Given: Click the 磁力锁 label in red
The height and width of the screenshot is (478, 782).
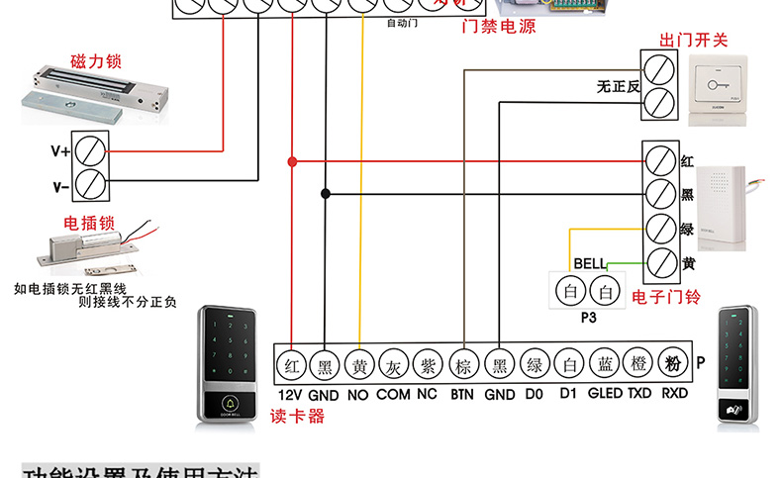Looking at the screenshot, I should [x=95, y=61].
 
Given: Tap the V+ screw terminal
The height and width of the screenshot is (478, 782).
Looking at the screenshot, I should [x=91, y=151].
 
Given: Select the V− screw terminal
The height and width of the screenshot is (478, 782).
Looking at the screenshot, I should [x=91, y=184].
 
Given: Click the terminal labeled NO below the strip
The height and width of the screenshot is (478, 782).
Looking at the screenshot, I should [x=357, y=394].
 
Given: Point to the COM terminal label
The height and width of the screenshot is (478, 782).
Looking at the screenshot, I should [x=393, y=394].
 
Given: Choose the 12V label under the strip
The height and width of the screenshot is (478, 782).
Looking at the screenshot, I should [x=290, y=394].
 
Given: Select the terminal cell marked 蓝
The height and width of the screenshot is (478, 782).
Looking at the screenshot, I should [x=604, y=364].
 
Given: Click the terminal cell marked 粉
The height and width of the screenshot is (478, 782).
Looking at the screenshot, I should [x=674, y=364].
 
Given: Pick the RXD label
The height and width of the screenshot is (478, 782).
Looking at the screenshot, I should [x=674, y=394].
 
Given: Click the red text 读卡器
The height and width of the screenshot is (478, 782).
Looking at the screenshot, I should [x=297, y=417].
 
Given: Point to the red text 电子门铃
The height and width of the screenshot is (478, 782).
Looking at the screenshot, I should [x=665, y=296].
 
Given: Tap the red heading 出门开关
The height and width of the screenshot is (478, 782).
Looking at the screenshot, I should [x=693, y=41].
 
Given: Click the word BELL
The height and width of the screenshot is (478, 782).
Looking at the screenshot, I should [x=589, y=264].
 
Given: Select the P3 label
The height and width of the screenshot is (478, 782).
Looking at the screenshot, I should [x=589, y=319].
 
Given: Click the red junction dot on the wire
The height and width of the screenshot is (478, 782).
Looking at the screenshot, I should [x=291, y=160].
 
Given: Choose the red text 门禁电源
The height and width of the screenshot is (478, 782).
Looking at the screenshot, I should [x=499, y=27].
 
